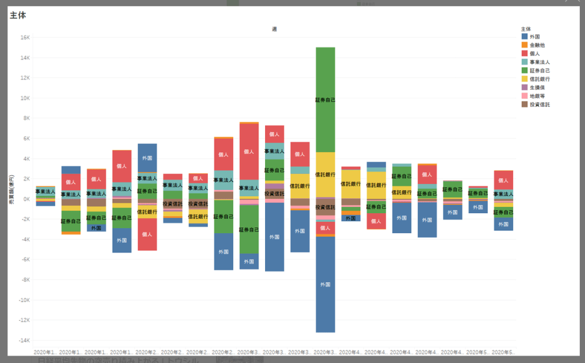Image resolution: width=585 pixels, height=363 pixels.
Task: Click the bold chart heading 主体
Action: point(18,15)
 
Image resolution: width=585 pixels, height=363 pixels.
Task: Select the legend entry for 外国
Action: point(535,36)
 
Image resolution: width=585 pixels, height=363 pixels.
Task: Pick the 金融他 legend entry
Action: point(537,45)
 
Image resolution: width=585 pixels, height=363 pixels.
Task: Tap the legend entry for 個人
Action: point(535,53)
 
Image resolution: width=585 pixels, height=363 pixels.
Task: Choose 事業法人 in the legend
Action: point(539,62)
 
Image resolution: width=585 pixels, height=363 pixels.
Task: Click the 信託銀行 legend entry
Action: point(539,79)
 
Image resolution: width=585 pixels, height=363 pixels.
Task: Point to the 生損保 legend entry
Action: point(537,87)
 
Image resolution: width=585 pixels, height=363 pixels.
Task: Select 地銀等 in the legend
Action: point(537,96)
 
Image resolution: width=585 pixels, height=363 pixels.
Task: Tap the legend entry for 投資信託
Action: point(539,105)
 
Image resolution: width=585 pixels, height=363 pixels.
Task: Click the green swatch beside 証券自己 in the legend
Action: point(524,70)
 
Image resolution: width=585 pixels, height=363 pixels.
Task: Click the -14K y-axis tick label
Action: point(23,341)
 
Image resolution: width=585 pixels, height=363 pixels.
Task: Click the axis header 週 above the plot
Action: point(274,29)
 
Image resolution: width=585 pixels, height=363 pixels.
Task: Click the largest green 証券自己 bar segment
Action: point(325,99)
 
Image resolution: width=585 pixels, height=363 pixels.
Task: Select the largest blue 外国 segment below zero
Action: point(325,284)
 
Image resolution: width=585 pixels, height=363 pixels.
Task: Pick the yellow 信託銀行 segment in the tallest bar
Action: point(325,174)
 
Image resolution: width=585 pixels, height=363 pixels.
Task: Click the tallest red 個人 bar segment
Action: point(249,151)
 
